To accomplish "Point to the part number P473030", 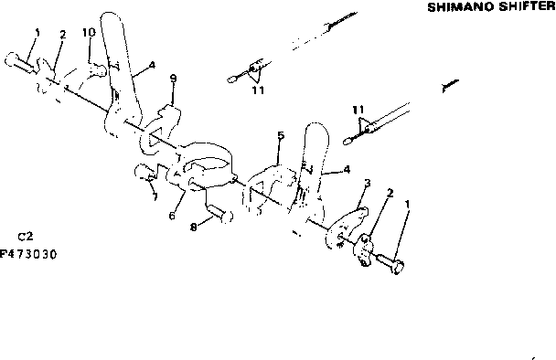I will [29, 255].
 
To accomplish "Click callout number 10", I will [89, 32].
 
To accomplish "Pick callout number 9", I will [173, 79].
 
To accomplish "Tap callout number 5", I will [282, 135].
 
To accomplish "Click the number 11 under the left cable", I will [259, 91].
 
